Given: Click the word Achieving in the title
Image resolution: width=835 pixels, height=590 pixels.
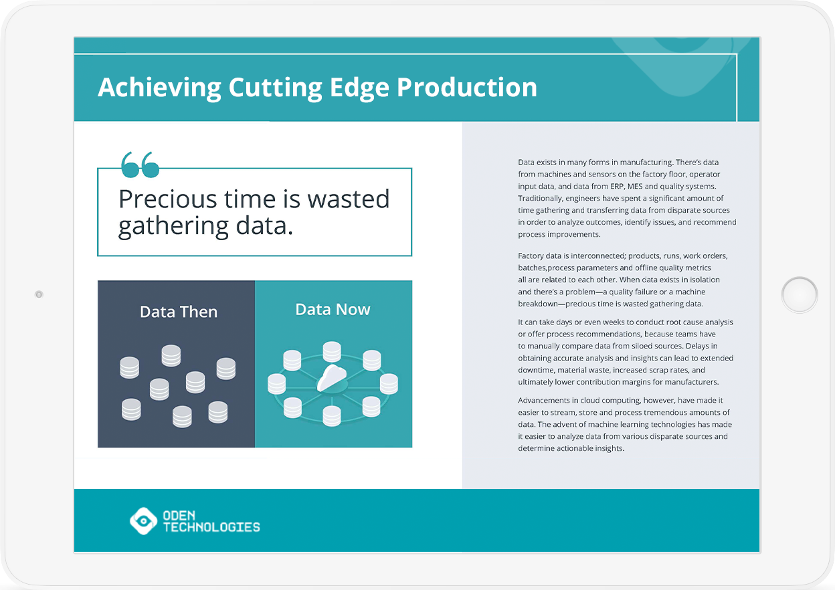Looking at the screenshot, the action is click(x=159, y=88).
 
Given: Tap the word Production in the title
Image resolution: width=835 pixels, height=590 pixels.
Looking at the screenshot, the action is click(x=466, y=87).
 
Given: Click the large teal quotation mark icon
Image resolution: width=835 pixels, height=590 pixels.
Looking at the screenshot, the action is click(x=140, y=165).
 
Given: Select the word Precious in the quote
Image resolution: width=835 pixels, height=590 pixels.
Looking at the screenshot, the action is click(x=168, y=199).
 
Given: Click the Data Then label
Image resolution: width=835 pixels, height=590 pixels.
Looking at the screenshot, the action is click(x=179, y=312).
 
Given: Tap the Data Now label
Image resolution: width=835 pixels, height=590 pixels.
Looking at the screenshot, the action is click(x=333, y=309).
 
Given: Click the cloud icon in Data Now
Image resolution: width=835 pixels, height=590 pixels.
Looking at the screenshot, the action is click(x=332, y=378).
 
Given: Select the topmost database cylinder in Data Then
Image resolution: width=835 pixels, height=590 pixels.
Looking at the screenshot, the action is click(x=171, y=356).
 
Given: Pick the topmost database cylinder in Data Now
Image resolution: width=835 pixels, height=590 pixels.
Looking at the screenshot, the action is click(x=332, y=352).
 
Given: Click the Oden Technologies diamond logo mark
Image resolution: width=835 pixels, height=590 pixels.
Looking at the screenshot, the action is click(x=143, y=520).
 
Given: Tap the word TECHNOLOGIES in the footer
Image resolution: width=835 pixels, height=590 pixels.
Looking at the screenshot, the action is click(x=211, y=527).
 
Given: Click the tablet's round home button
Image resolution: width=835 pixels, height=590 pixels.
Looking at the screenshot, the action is click(x=800, y=295).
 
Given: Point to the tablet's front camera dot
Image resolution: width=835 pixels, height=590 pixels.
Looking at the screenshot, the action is click(x=39, y=294).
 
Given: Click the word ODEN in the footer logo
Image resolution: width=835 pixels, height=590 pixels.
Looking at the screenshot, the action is click(x=179, y=516).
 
